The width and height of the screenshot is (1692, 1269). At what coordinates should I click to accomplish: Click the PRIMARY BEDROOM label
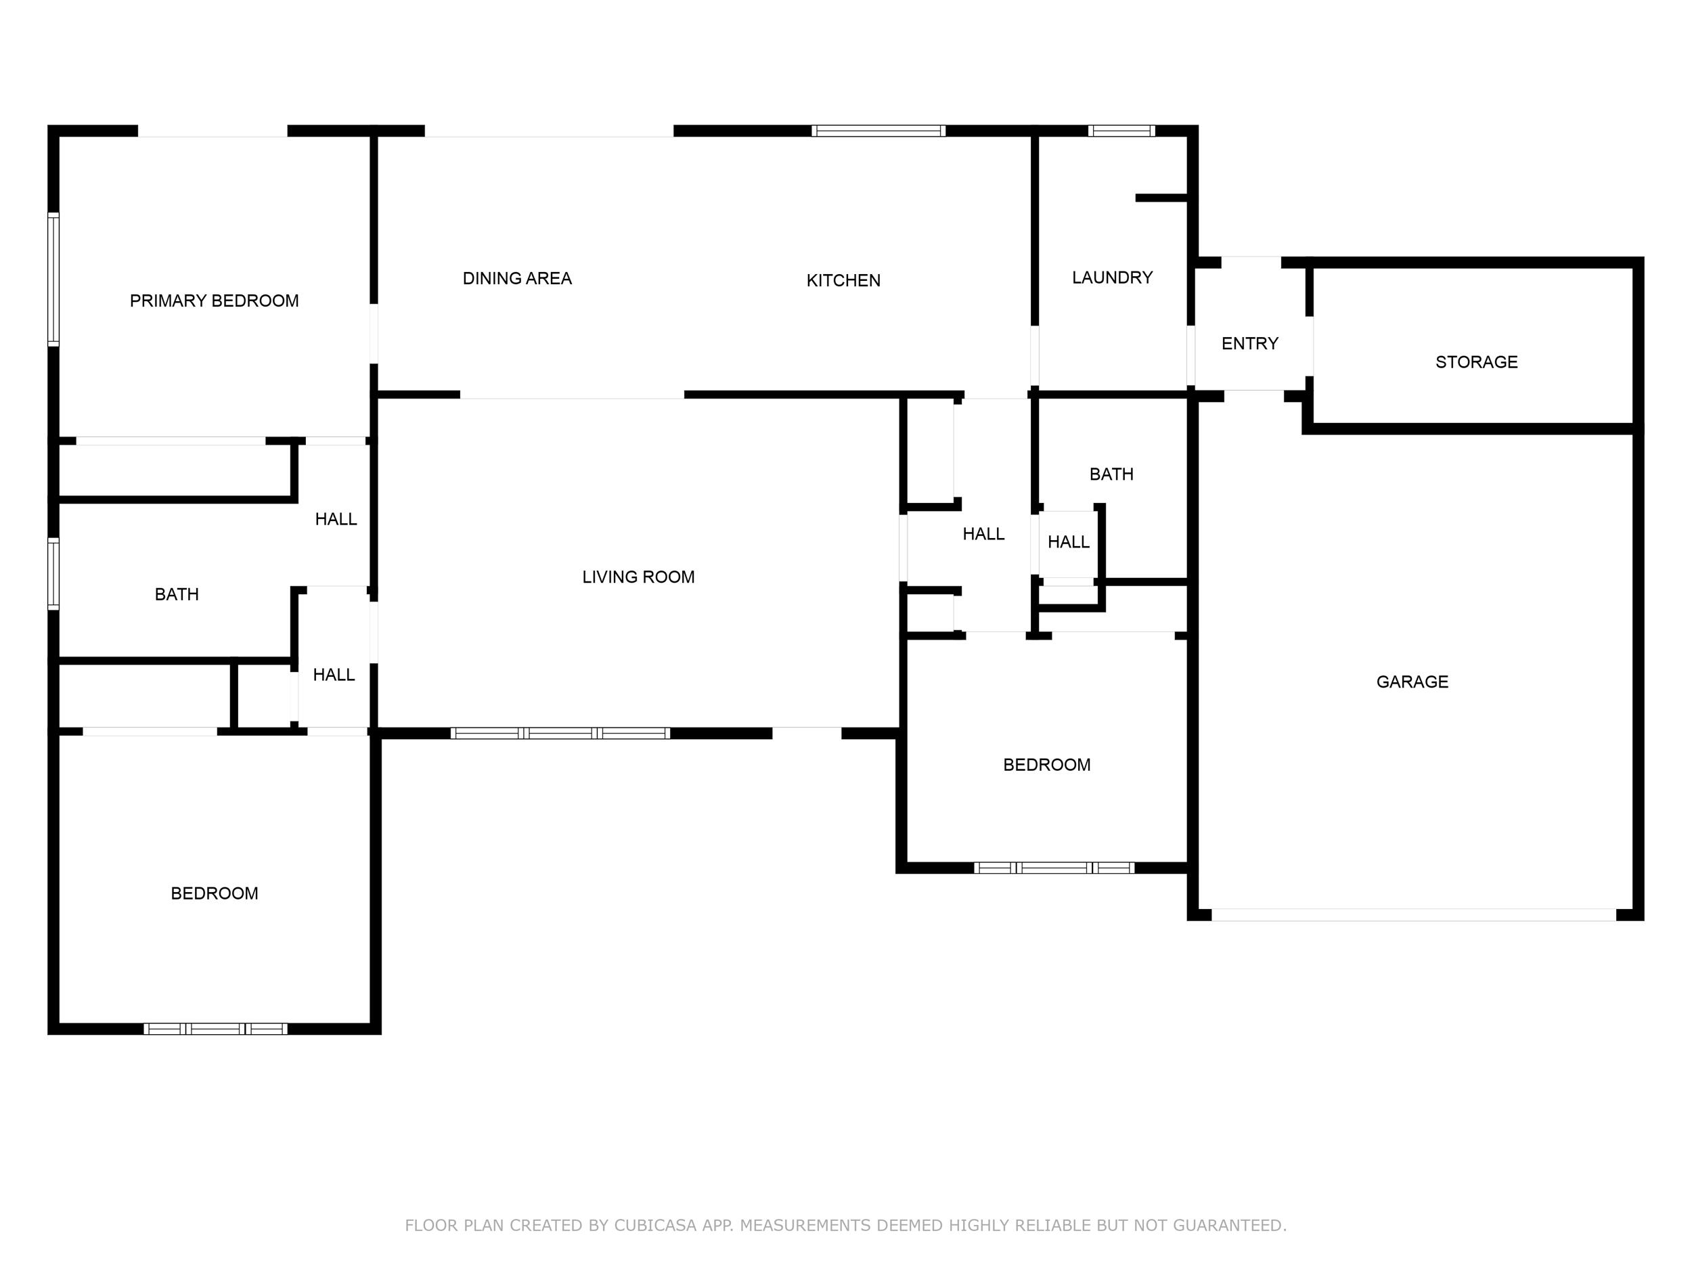(214, 300)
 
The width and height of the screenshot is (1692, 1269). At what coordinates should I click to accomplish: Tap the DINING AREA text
(517, 278)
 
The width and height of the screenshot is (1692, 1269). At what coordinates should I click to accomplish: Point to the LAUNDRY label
(1111, 277)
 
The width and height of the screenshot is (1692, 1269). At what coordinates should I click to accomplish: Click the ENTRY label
(1249, 343)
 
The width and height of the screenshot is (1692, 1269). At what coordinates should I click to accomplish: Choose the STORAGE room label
(1475, 362)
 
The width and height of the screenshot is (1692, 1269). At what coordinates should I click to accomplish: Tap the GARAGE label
(1411, 682)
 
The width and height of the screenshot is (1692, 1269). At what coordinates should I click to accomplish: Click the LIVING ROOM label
(638, 577)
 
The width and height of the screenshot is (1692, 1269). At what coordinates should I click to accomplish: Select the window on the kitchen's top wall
(878, 131)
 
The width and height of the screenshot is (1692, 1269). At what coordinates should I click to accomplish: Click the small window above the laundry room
(1121, 131)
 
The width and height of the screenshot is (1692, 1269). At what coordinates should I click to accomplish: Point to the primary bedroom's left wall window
(53, 280)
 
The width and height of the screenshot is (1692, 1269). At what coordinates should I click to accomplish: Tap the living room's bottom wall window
(560, 733)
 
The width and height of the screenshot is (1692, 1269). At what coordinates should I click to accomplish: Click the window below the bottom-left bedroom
(215, 1029)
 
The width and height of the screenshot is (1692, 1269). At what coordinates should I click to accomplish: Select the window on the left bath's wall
(53, 574)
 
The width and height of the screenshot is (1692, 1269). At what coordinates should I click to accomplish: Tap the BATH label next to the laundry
(1111, 474)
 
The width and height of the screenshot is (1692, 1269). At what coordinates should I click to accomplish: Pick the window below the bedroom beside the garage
(1053, 868)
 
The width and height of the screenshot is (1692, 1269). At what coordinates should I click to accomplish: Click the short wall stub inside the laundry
(1161, 198)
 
